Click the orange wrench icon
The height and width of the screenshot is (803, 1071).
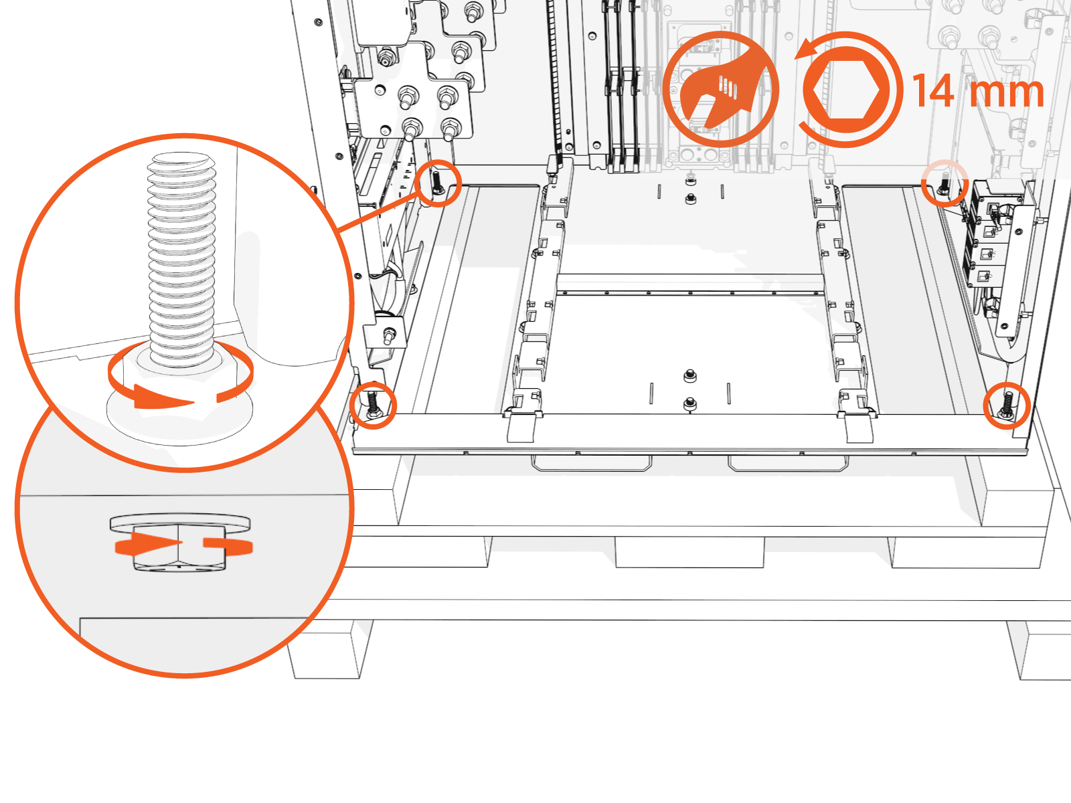(721, 89)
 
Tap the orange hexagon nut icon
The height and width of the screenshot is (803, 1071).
(847, 90)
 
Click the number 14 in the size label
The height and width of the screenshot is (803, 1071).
(934, 91)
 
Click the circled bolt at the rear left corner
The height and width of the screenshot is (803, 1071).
(437, 183)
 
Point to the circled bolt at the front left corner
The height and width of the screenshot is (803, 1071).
(373, 406)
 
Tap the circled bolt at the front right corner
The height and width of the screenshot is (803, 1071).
(1006, 406)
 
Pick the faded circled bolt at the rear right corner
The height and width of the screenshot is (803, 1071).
(944, 182)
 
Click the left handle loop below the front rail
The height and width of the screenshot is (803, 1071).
(591, 464)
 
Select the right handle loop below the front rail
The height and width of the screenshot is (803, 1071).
(788, 464)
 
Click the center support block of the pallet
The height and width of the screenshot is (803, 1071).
(689, 552)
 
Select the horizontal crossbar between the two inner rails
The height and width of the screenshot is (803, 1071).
(689, 284)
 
